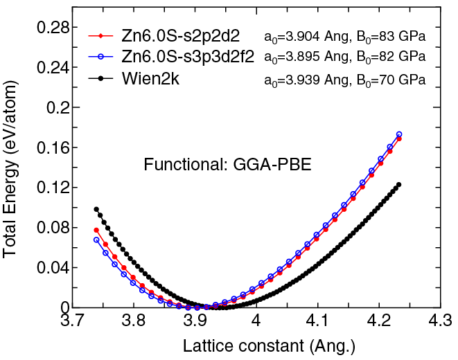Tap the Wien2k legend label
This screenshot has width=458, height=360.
point(156,78)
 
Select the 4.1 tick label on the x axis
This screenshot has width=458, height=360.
point(317,322)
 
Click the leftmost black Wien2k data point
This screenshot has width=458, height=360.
point(96,209)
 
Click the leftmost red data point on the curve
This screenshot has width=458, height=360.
point(96,230)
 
